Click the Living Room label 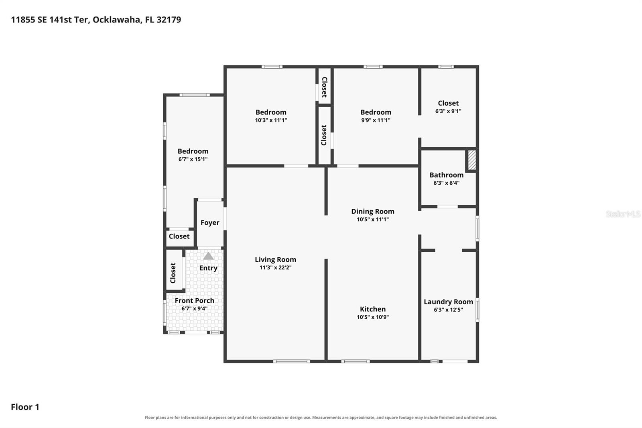tap(275, 260)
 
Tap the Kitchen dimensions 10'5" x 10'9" tap(373, 317)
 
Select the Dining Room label tap(373, 212)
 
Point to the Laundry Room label tap(448, 302)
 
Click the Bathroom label tap(446, 175)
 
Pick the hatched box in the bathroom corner tap(472, 160)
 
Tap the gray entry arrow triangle tap(208, 256)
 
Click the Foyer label tap(210, 222)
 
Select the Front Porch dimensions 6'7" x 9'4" tap(194, 308)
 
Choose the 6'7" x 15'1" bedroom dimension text tap(193, 159)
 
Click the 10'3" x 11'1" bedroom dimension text tap(271, 120)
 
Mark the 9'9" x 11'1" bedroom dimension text tap(376, 120)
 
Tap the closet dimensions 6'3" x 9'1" tap(448, 111)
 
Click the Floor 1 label tap(25, 407)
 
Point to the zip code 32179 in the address tap(169, 20)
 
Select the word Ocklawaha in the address tap(117, 20)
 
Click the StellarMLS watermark tap(623, 214)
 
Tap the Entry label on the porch tap(208, 268)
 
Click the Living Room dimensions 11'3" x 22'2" tap(275, 268)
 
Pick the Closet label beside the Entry tap(173, 273)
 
